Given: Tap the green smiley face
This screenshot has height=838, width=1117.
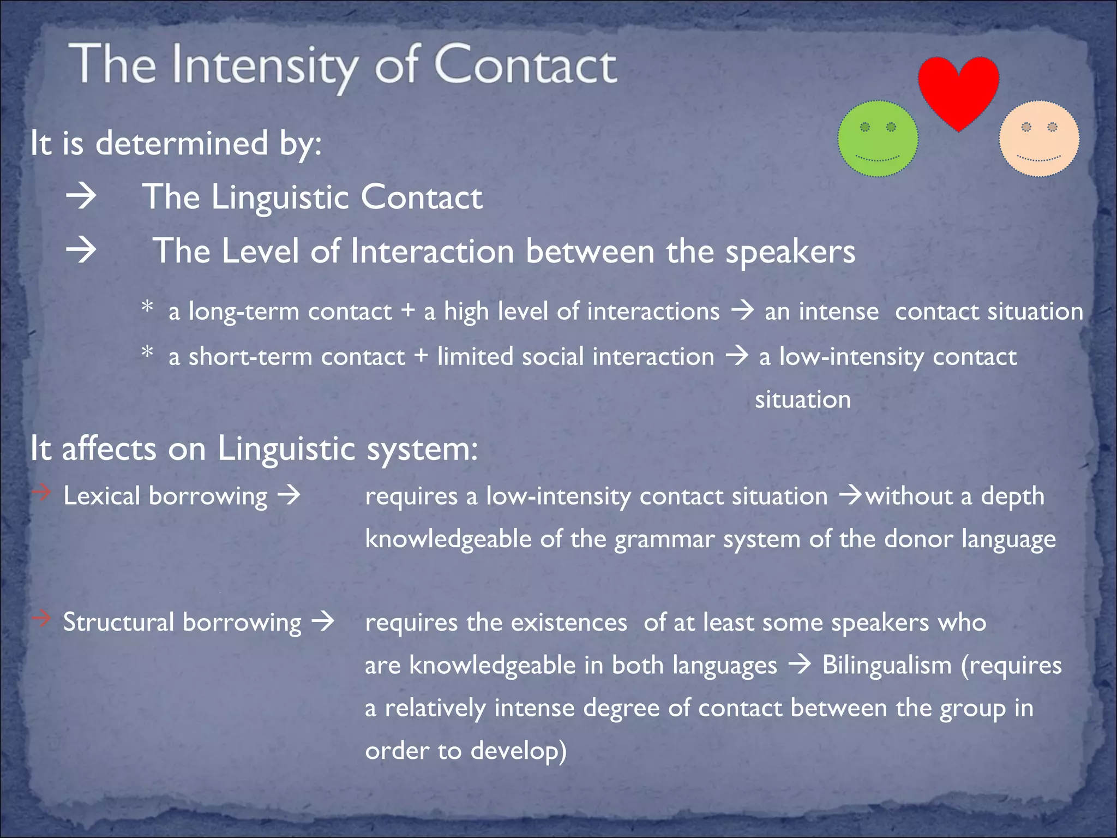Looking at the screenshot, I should pyautogui.click(x=878, y=139).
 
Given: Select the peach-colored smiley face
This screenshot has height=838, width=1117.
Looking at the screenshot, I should pyautogui.click(x=1039, y=139).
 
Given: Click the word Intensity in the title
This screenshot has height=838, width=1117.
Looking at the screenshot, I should pyautogui.click(x=265, y=67).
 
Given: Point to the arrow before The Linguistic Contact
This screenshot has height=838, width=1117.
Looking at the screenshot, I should pyautogui.click(x=81, y=196).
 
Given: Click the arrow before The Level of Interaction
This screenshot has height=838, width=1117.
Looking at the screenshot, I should pyautogui.click(x=81, y=251).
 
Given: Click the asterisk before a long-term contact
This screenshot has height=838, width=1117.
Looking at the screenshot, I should pyautogui.click(x=147, y=307).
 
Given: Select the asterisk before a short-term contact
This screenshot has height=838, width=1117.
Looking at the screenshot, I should pyautogui.click(x=147, y=352).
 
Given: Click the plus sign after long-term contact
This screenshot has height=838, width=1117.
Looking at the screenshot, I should pyautogui.click(x=408, y=312).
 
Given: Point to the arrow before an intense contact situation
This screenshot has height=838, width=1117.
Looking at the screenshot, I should pyautogui.click(x=742, y=311).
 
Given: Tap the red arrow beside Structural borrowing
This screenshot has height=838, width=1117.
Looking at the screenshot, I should pyautogui.click(x=41, y=618).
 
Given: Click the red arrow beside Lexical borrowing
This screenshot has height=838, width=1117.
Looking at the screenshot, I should pyautogui.click(x=41, y=493).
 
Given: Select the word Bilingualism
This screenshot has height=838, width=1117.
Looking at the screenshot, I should pyautogui.click(x=887, y=665).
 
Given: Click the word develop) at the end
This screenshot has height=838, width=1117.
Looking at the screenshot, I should pyautogui.click(x=519, y=751).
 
